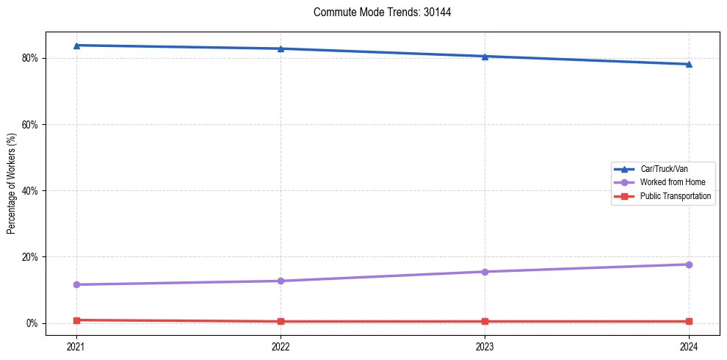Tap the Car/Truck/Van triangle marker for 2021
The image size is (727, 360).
(76, 46)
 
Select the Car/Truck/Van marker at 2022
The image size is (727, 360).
(281, 48)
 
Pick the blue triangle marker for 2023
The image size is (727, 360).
(485, 56)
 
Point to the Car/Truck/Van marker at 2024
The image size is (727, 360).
(689, 64)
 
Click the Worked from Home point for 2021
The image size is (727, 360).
(76, 284)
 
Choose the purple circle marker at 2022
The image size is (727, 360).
(281, 281)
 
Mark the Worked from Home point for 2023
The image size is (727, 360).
(485, 272)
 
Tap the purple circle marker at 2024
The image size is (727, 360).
(689, 264)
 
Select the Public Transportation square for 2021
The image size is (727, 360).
(76, 320)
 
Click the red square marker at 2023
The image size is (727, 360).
(485, 321)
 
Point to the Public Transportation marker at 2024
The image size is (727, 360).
(689, 321)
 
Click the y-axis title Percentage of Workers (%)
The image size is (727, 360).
(11, 184)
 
